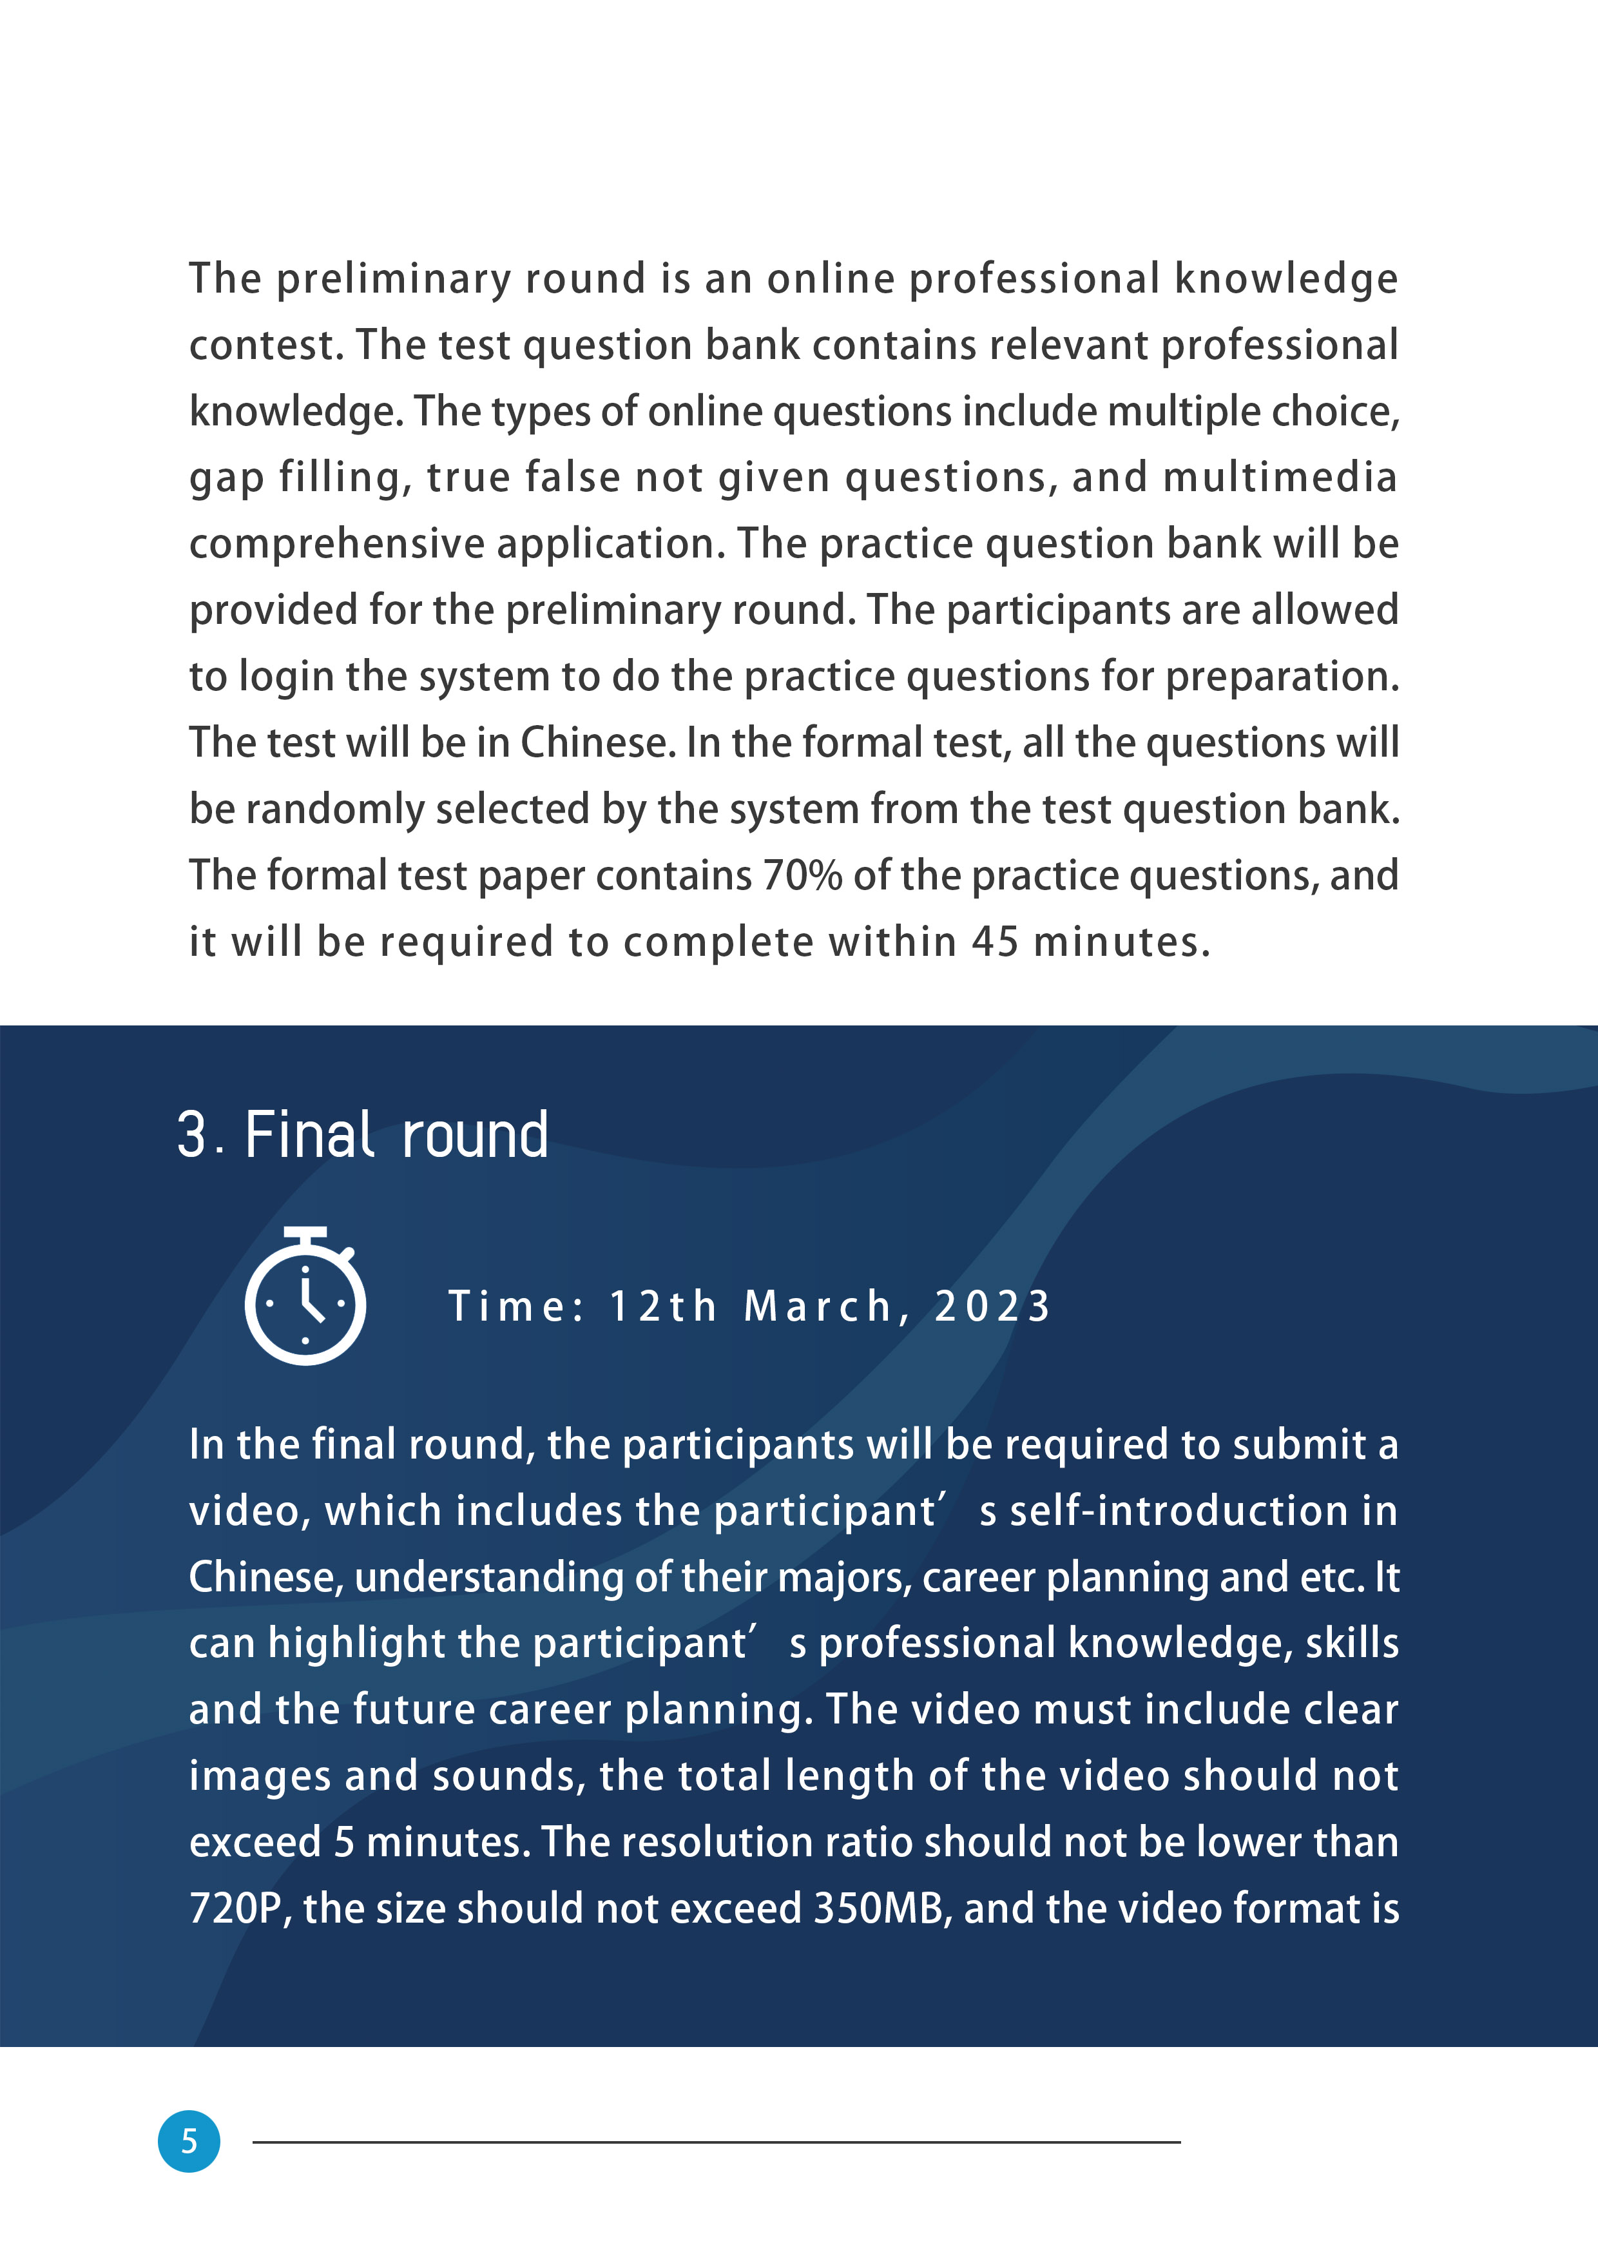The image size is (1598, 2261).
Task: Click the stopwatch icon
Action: (x=305, y=1298)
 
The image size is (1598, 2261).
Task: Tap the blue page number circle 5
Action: (x=189, y=2141)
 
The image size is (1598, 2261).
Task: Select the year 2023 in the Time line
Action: (x=992, y=1306)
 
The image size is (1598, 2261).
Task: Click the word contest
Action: (x=266, y=345)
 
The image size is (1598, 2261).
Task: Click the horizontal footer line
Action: (x=716, y=2142)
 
